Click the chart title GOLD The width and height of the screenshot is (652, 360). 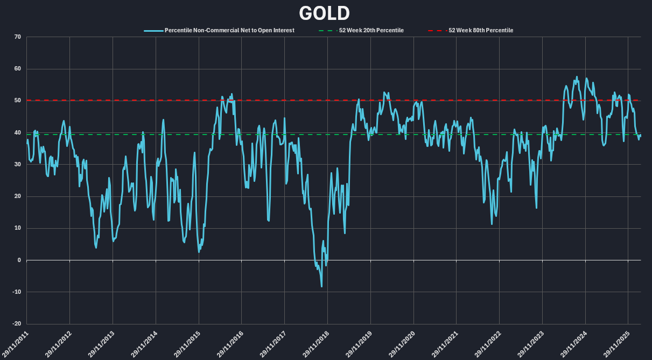pos(324,13)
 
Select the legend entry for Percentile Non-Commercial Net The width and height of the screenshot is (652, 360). pos(229,30)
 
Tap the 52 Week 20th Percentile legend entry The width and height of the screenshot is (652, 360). pos(371,30)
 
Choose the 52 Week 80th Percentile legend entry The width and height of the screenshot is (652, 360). pos(480,30)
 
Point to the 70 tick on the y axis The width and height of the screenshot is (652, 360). pos(17,37)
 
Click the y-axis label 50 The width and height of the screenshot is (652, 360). pos(17,101)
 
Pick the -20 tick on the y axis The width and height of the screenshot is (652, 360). pos(16,324)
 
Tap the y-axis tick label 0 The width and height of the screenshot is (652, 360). pos(19,260)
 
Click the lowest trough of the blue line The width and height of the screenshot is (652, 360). pos(321,286)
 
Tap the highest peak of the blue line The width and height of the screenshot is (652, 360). pos(577,77)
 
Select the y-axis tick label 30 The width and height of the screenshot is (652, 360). pos(17,165)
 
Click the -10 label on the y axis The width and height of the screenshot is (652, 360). pos(16,292)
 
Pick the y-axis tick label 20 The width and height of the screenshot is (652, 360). pos(17,196)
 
